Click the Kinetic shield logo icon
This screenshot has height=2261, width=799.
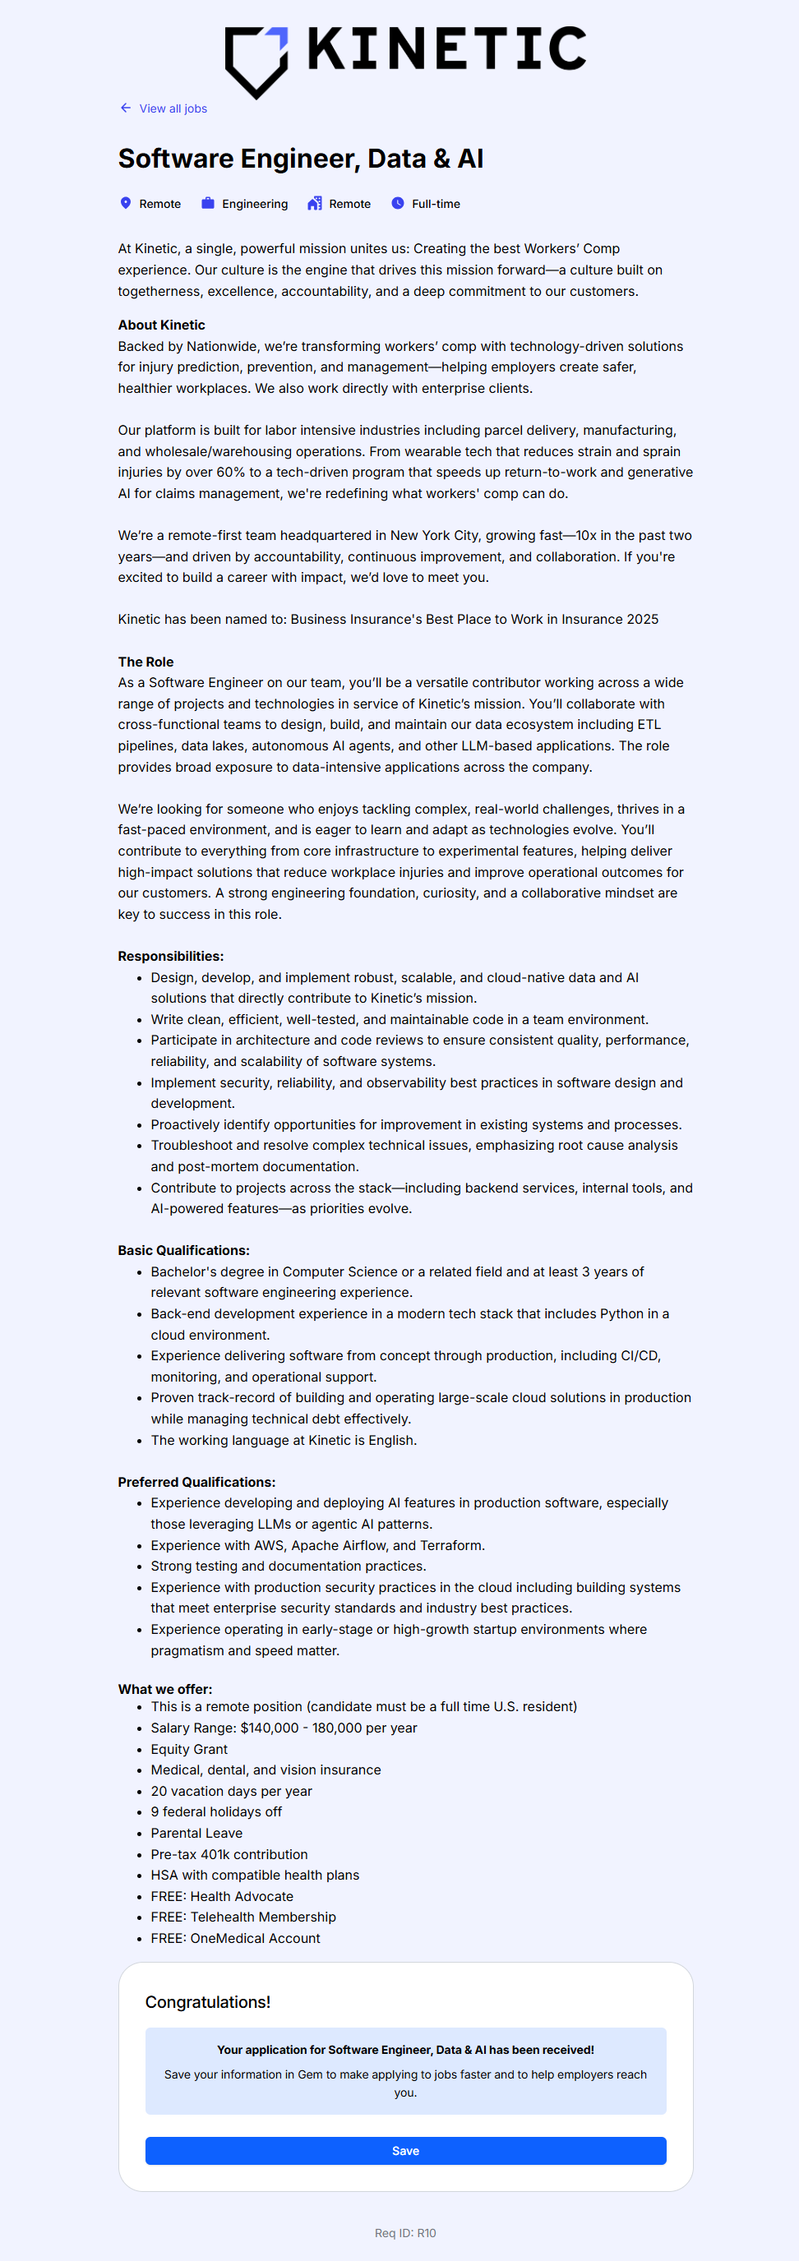(256, 61)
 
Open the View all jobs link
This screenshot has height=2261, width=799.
(172, 108)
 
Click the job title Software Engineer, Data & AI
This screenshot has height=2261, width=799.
(300, 159)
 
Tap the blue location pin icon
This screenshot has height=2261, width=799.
(126, 204)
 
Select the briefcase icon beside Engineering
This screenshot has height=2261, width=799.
(208, 204)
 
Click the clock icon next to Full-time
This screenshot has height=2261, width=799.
(398, 204)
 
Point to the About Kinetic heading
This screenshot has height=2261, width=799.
(162, 325)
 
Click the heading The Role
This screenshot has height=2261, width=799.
(145, 662)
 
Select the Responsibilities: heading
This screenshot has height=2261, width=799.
(170, 956)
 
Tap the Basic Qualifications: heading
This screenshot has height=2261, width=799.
(183, 1250)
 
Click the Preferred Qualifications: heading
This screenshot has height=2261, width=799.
(196, 1482)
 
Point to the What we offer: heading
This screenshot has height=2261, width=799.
(165, 1689)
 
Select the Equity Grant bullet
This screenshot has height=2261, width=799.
(189, 1748)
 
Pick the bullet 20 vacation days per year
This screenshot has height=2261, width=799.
(231, 1791)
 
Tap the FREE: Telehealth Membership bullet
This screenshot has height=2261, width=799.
(243, 1917)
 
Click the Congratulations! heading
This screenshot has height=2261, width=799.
(207, 2002)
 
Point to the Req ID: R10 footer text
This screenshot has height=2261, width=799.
(404, 2233)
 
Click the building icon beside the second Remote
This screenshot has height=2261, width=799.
(314, 204)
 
